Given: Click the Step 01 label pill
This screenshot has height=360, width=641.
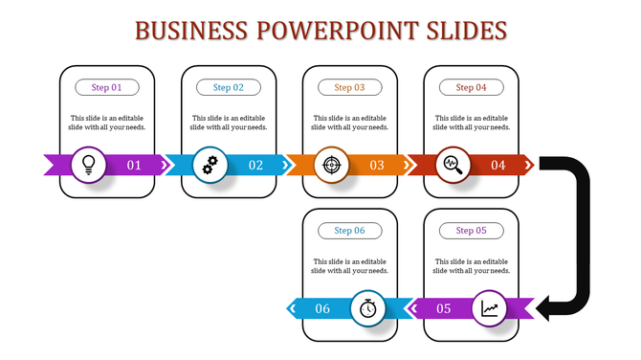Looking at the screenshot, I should (x=107, y=87).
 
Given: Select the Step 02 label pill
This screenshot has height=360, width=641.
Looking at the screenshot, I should (x=229, y=87).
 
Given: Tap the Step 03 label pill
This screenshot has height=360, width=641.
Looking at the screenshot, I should (x=350, y=87).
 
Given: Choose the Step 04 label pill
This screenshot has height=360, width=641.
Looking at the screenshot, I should (x=472, y=87).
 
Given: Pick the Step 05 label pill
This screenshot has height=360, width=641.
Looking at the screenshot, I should (x=472, y=231).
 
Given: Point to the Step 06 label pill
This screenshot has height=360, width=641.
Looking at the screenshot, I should (x=350, y=231).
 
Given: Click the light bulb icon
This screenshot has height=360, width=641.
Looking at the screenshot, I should (x=89, y=164).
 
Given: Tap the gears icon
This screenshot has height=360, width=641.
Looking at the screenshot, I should (x=210, y=164).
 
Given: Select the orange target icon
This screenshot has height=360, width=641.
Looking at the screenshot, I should (x=331, y=164).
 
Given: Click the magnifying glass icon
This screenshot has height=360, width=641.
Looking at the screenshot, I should (x=453, y=164).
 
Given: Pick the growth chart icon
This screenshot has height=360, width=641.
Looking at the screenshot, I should (x=490, y=308).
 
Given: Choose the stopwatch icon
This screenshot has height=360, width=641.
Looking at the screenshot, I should (x=369, y=308).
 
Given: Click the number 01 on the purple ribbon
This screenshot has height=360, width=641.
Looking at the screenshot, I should (x=134, y=165).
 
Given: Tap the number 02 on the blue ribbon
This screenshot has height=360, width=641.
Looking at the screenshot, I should (x=255, y=165).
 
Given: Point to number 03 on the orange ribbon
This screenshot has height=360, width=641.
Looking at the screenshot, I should (x=377, y=165).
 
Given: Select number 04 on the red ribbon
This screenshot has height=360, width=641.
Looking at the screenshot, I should (x=498, y=165).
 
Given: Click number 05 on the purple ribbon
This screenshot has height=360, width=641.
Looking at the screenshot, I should (x=444, y=308).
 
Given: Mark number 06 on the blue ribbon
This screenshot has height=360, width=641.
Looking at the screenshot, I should (x=322, y=308).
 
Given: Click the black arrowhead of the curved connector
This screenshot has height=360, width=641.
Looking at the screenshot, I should (x=546, y=307).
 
